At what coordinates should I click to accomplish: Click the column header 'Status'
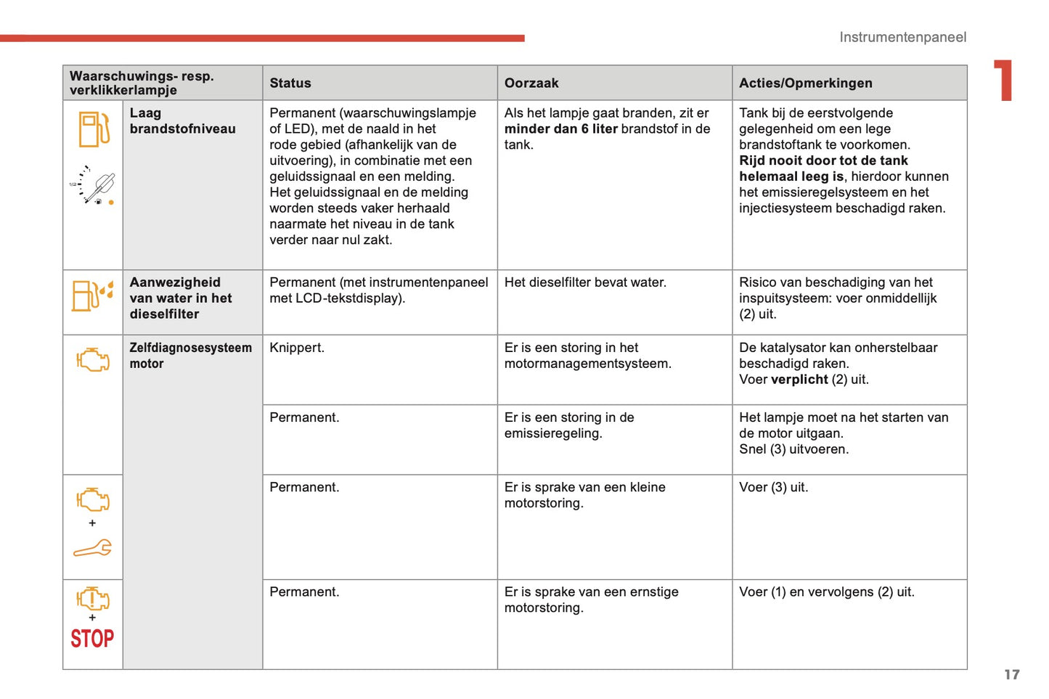(x=290, y=83)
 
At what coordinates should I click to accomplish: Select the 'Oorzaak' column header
(x=531, y=83)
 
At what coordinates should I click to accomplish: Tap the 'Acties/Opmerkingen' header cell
(x=805, y=83)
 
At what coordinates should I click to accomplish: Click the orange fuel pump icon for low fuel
(x=94, y=129)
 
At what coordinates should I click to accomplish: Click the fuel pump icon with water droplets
(x=92, y=295)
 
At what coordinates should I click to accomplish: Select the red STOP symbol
(x=92, y=639)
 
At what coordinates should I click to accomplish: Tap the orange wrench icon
(x=92, y=549)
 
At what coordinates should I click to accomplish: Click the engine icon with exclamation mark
(x=92, y=599)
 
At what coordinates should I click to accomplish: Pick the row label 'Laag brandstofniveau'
(x=182, y=121)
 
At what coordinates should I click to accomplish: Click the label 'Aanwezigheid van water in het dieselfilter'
(x=181, y=298)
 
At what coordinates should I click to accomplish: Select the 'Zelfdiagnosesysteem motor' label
(x=190, y=356)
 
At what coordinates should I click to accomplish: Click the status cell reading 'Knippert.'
(x=297, y=348)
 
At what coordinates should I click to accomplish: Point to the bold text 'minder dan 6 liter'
(x=560, y=129)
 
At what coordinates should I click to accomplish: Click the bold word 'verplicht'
(x=799, y=380)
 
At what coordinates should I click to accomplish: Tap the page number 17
(x=1011, y=674)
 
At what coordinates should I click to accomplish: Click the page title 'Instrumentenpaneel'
(x=902, y=37)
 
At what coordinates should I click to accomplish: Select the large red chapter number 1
(x=1003, y=80)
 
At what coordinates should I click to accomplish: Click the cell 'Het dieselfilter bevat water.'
(x=585, y=282)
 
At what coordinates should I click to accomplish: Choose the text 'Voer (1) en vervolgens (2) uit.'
(x=826, y=592)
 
